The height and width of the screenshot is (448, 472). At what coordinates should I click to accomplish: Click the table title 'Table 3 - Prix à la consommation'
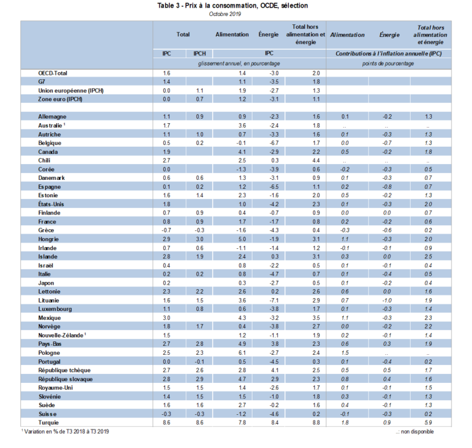point(232,6)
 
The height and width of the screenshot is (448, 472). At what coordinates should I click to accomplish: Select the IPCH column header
point(199,54)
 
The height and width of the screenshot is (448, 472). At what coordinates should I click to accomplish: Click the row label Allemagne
point(52,117)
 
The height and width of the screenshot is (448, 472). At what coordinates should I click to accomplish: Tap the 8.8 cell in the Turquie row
point(315,422)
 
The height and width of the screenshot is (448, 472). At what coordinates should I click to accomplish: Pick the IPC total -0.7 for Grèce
point(166,229)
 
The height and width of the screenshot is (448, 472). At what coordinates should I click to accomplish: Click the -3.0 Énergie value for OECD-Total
point(275,74)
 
